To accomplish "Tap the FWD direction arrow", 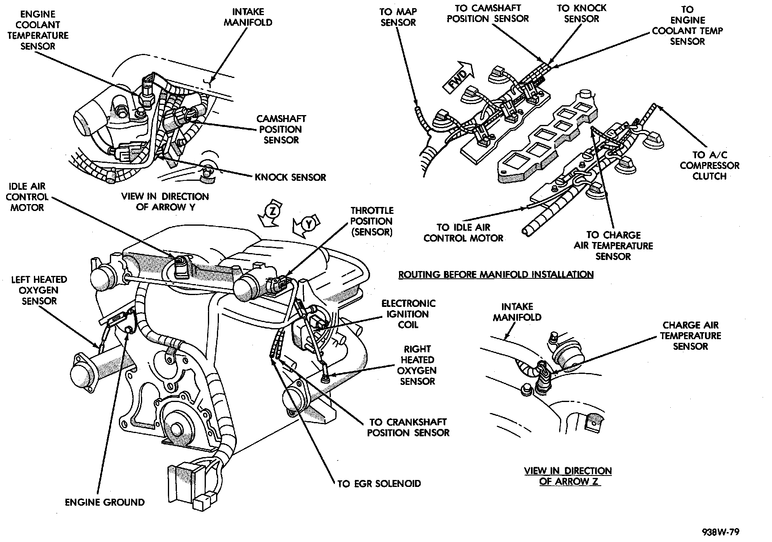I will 458,78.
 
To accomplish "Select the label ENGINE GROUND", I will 105,502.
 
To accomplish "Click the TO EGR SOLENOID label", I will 379,484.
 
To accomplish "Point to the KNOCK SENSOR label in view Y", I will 290,177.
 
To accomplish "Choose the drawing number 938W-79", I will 721,532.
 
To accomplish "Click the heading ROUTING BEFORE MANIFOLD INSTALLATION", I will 496,274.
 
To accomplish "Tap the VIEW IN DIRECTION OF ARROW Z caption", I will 568,476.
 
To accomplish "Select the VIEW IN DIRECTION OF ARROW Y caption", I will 165,202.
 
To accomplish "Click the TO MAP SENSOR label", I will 398,17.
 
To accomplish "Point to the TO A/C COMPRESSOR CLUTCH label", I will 710,165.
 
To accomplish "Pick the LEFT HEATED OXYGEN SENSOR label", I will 39,290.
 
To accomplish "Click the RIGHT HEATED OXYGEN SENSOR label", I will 417,365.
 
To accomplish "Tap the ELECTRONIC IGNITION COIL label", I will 408,314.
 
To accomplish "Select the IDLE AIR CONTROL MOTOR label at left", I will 27,197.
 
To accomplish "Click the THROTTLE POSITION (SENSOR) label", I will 372,221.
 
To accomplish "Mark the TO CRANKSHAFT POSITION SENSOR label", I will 408,427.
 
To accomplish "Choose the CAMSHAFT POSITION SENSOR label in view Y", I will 281,129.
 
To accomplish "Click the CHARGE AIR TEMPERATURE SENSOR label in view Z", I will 690,335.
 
